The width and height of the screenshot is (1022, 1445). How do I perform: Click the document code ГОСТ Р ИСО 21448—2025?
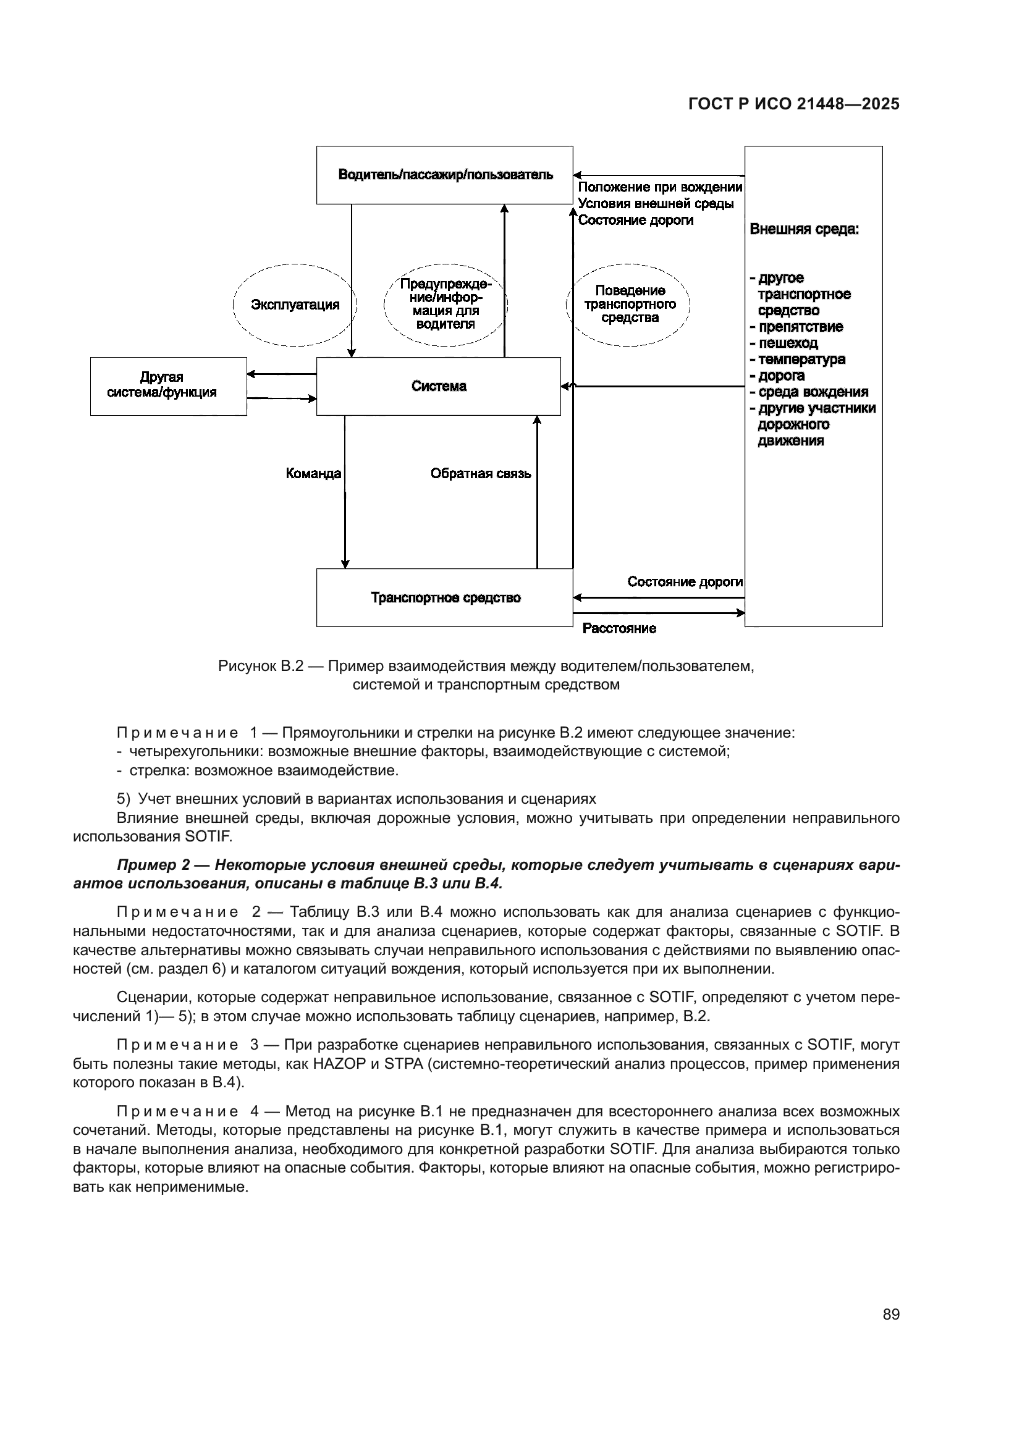pos(793,104)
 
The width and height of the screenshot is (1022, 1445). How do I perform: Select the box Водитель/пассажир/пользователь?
pos(445,175)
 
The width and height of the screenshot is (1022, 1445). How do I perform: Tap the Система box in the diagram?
pos(439,386)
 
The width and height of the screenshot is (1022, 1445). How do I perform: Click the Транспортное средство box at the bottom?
pos(445,598)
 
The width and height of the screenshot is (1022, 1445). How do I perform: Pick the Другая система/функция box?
pos(162,385)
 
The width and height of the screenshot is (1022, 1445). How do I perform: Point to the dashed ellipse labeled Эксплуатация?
pos(295,305)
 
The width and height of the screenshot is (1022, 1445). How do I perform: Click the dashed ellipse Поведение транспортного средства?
pos(629,305)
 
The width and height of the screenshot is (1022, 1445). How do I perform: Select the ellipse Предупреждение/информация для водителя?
pos(445,305)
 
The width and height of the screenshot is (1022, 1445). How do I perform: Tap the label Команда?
pos(313,474)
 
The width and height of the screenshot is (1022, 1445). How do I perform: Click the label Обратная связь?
pos(480,474)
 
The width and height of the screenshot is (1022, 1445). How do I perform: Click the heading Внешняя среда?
pos(804,230)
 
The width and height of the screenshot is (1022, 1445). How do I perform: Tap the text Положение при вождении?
pos(659,188)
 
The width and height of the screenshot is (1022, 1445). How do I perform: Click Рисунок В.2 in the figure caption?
pos(261,666)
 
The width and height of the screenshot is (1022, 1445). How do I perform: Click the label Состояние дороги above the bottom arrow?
pos(685,582)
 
